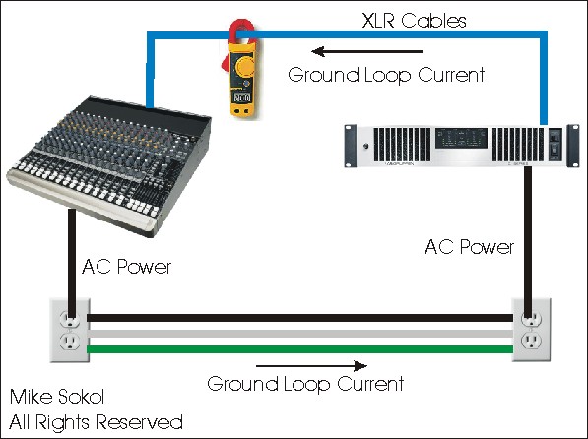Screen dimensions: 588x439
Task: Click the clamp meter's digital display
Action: coord(242,98)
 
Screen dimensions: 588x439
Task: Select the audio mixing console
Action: coord(108,165)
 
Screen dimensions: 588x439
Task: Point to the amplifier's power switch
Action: coord(555,145)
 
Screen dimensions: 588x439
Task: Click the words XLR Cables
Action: coord(415,21)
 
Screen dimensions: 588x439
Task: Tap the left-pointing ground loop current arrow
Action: coord(366,51)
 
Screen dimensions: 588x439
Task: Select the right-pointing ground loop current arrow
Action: coord(311,365)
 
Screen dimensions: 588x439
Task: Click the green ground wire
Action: coord(300,349)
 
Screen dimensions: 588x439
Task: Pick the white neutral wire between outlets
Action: coord(300,334)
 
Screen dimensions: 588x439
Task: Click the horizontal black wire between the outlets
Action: coord(300,318)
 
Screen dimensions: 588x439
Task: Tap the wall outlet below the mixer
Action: coord(70,330)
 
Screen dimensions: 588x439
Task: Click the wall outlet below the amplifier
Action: coord(532,330)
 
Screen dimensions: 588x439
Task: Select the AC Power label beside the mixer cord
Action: coord(126,267)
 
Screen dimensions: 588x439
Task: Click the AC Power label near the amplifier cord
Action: coord(469,247)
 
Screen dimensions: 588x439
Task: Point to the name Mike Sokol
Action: coord(57,397)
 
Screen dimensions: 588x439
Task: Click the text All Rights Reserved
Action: coord(96,422)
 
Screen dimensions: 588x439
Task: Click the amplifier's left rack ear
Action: coord(351,146)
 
